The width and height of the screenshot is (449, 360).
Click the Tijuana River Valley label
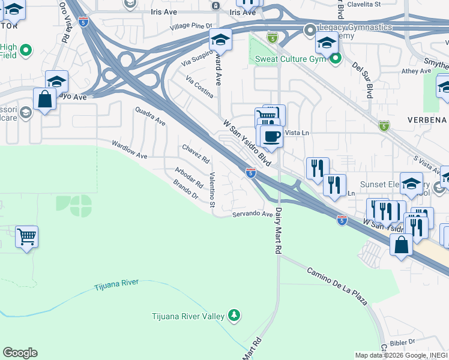pyautogui.click(x=188, y=316)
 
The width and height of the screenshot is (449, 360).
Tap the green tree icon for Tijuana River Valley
pyautogui.click(x=234, y=316)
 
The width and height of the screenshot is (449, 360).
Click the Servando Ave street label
pyautogui.click(x=253, y=214)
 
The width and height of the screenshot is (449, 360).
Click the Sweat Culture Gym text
pyautogui.click(x=290, y=59)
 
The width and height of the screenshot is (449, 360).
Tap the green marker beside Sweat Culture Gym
pyautogui.click(x=335, y=58)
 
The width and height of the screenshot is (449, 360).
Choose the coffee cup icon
pyautogui.click(x=272, y=136)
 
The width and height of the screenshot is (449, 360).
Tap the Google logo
pyautogui.click(x=20, y=353)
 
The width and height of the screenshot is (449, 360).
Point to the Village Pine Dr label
pyautogui.click(x=191, y=26)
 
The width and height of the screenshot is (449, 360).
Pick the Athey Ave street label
pyautogui.click(x=417, y=71)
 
